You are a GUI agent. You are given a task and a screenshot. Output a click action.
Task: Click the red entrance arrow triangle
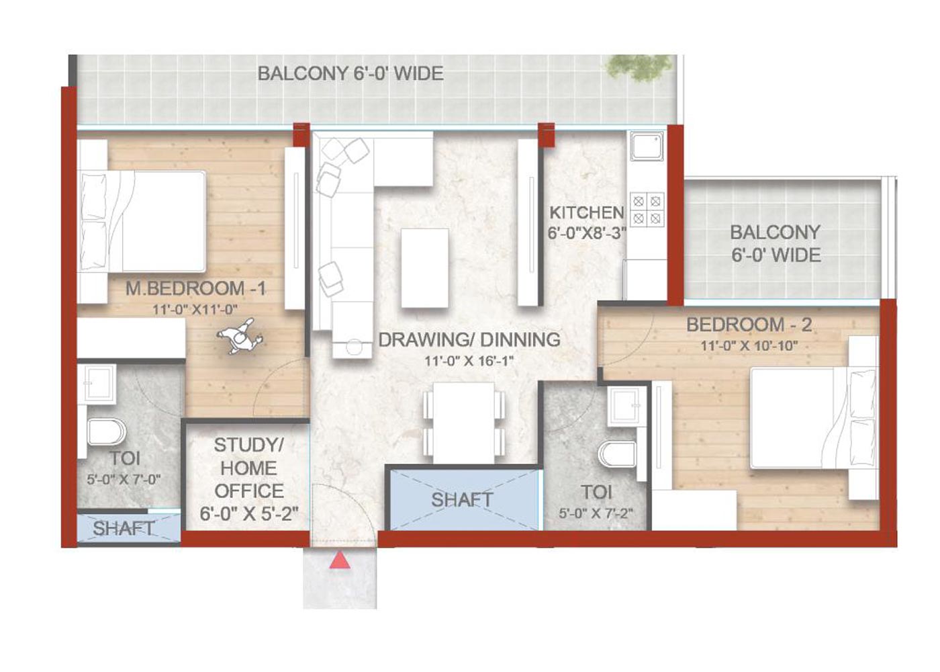pos(340,560)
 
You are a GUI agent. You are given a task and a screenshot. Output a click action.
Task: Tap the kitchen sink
pos(647,146)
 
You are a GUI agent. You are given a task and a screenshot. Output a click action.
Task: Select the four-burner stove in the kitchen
pos(647,210)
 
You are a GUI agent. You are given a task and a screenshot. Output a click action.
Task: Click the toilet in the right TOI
pos(616,454)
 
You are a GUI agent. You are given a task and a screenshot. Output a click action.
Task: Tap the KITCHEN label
pos(587,212)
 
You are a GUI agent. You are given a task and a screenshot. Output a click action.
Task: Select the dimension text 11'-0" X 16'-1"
pos(469,361)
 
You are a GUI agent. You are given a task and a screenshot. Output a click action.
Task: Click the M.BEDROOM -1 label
pos(195,288)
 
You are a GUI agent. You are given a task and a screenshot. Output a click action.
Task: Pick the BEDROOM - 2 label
pos(749,325)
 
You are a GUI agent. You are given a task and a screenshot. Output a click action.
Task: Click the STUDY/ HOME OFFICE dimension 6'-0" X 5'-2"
pos(249,513)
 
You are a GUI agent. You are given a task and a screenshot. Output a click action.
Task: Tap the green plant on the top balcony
pos(637,69)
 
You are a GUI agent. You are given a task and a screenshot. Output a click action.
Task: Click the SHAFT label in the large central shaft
pos(462,500)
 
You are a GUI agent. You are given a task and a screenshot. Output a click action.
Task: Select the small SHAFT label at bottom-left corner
pos(124,528)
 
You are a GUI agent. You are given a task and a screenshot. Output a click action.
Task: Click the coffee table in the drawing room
pos(424,268)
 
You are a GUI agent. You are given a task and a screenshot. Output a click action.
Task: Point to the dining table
pos(464,422)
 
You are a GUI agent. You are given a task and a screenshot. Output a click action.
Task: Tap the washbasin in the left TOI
pos(100,384)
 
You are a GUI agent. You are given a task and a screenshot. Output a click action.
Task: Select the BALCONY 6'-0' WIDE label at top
pos(350,74)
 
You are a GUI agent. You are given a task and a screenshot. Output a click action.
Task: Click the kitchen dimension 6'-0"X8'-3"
pos(587,233)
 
